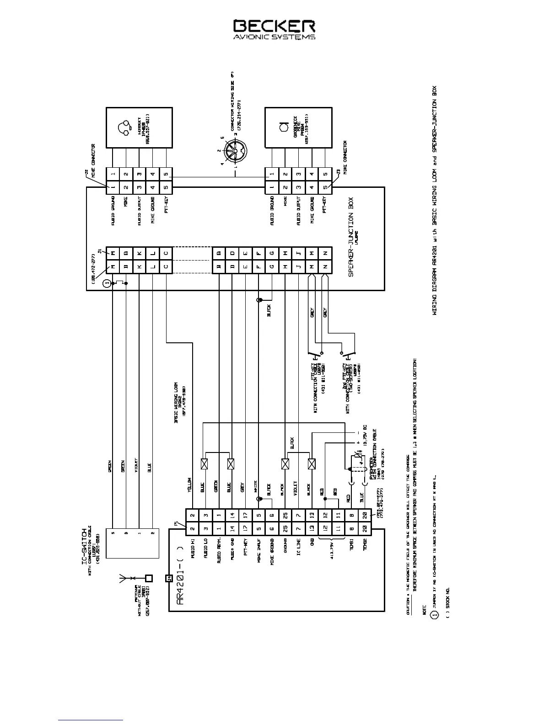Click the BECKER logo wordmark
click(x=274, y=26)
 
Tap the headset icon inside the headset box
click(x=123, y=128)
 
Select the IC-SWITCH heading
click(x=84, y=542)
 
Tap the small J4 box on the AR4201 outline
click(x=168, y=579)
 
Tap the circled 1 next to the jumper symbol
click(x=107, y=284)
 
